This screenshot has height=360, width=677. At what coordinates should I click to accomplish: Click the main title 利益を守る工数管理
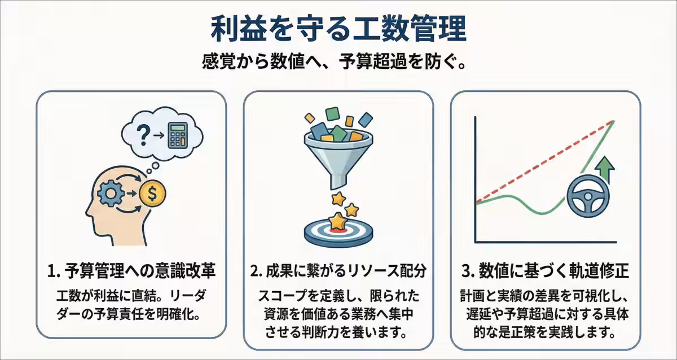[338, 28]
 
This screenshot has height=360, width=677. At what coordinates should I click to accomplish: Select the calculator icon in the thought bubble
[178, 134]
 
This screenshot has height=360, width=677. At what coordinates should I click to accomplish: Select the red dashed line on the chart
[542, 164]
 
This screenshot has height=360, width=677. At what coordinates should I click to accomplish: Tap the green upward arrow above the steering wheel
[606, 168]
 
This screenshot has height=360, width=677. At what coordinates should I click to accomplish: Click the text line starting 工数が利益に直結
[131, 296]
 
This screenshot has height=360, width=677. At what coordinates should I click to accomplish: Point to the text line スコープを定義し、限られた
[338, 296]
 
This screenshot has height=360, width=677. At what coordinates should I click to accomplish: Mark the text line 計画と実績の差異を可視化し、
[545, 296]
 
